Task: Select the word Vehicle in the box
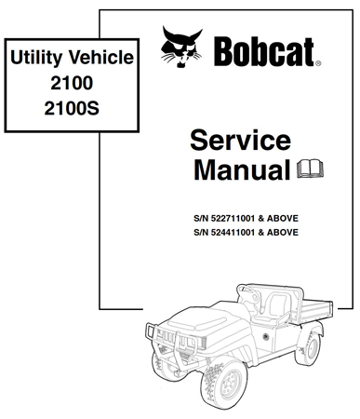(99, 61)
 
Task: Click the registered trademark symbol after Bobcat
(317, 64)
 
